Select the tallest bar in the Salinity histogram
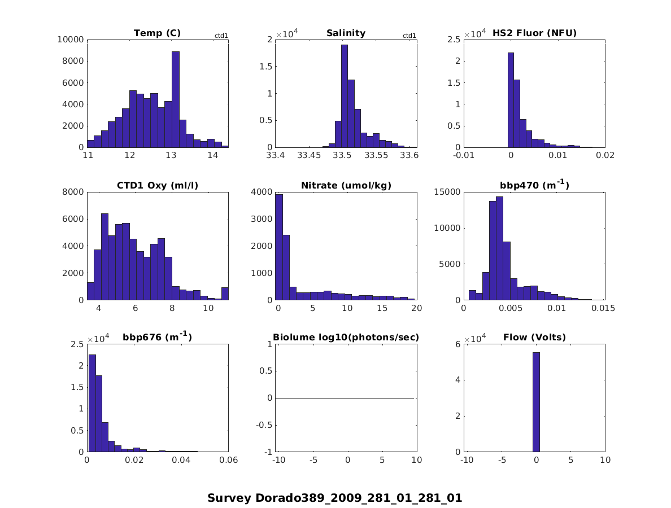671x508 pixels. click(x=345, y=96)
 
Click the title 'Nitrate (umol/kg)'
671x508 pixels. click(x=346, y=185)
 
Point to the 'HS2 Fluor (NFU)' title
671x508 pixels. click(x=534, y=33)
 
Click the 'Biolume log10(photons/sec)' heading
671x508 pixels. click(x=346, y=338)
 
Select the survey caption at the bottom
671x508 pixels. click(x=334, y=498)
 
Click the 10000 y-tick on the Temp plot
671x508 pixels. click(x=71, y=40)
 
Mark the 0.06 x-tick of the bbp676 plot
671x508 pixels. click(x=228, y=460)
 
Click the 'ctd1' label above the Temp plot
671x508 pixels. click(x=221, y=36)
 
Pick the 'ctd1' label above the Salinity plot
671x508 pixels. click(x=409, y=36)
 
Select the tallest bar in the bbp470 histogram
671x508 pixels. click(x=499, y=248)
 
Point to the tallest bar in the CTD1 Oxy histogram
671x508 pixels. click(x=104, y=257)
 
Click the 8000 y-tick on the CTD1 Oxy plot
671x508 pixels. click(x=73, y=192)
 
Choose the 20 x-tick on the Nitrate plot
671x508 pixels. click(x=416, y=308)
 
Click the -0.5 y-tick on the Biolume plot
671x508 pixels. click(x=264, y=425)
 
